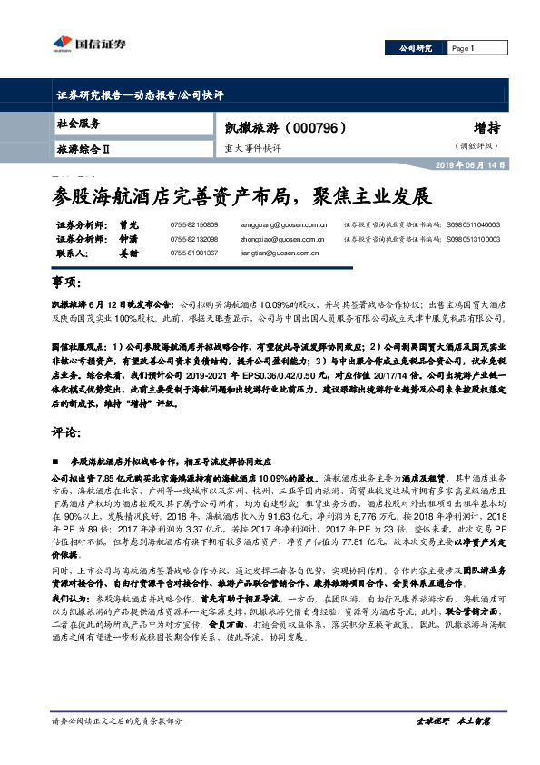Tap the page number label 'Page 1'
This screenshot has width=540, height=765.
tap(463, 49)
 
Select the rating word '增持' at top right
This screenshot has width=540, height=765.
tap(484, 128)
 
